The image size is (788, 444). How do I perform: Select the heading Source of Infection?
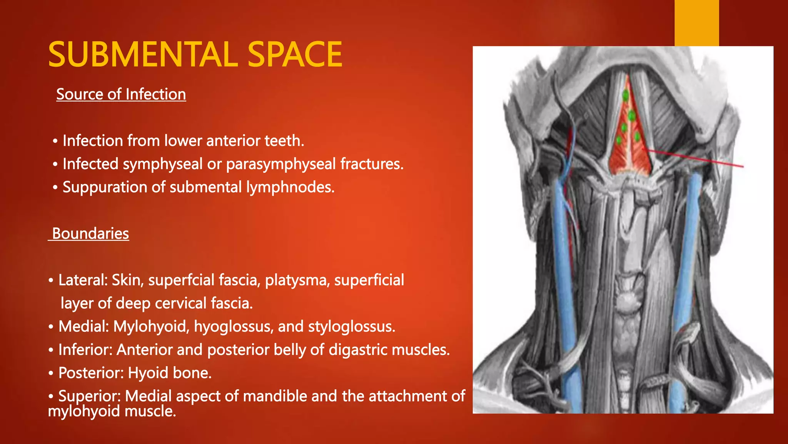pos(121,94)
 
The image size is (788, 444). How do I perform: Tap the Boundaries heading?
pos(90,234)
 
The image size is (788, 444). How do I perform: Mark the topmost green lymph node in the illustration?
pos(626,95)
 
